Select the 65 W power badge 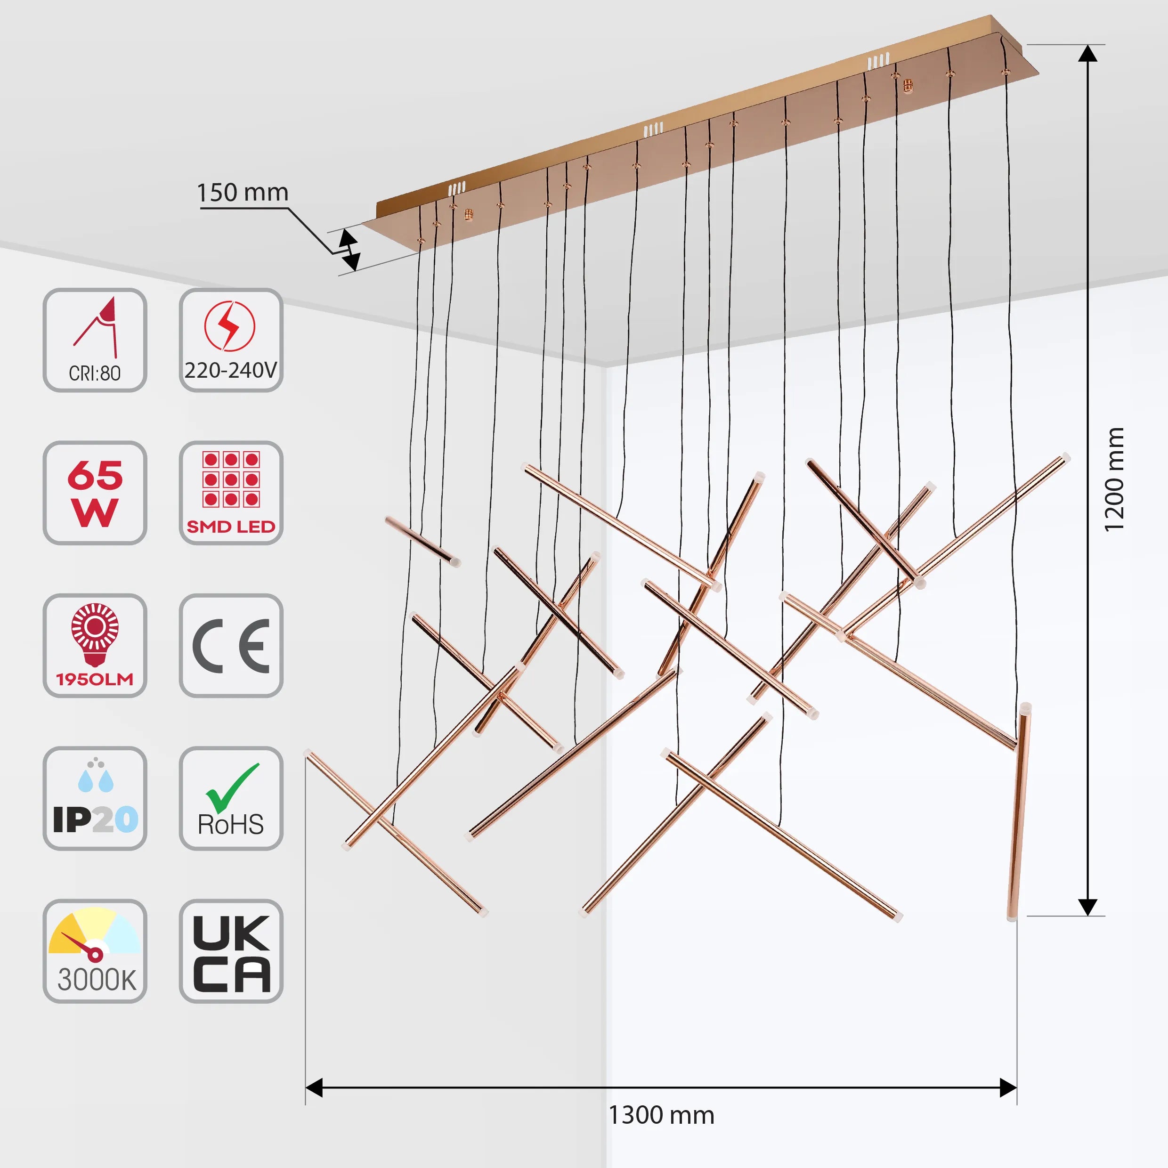pos(95,493)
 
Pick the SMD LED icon pos(231,493)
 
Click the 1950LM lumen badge pos(95,645)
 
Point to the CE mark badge pos(231,645)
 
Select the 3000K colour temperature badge pos(95,951)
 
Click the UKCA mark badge pos(231,951)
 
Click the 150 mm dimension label pos(243,193)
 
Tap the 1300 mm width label pos(661,1115)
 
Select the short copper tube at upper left pos(422,540)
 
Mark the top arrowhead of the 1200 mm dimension pos(1087,54)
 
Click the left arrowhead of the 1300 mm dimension pos(314,1087)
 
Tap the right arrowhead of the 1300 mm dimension pos(1008,1087)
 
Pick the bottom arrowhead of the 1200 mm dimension pos(1087,907)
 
